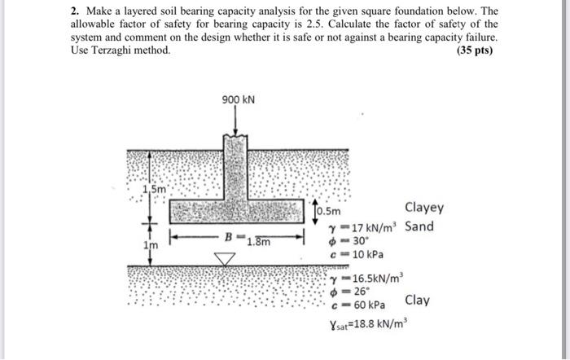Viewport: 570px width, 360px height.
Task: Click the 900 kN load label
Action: [238, 100]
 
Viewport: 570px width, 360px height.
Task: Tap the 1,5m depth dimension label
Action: [153, 190]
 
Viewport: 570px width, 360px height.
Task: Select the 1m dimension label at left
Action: [148, 244]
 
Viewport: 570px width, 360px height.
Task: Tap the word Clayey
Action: [424, 209]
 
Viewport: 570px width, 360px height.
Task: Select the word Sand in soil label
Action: [419, 226]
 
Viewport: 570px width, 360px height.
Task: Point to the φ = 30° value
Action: [353, 241]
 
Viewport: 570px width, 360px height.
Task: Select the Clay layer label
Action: [417, 300]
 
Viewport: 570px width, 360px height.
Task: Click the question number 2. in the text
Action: [73, 11]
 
